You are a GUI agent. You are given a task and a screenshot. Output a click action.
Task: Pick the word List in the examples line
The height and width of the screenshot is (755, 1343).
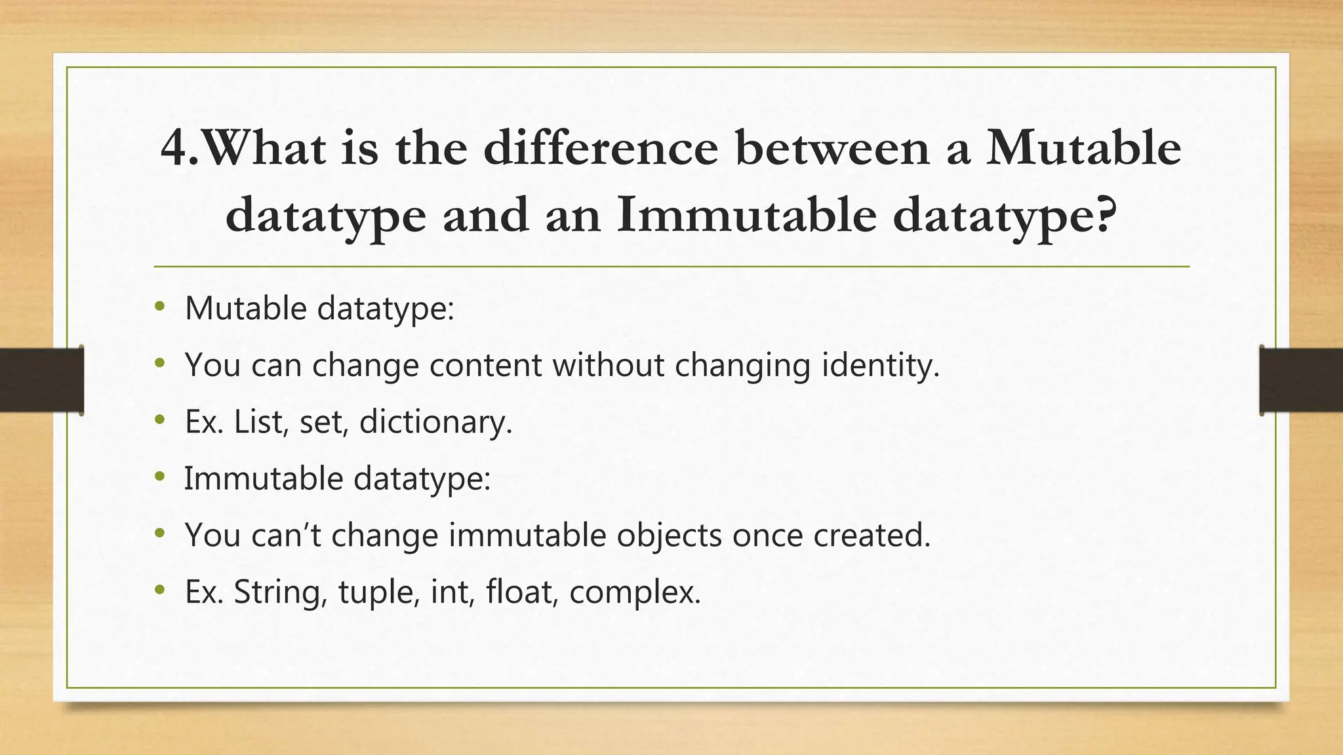click(x=258, y=421)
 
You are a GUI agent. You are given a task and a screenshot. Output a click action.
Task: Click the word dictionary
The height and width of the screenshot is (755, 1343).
click(x=433, y=421)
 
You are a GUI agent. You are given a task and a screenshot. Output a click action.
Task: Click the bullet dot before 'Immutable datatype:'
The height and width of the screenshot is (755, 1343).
click(x=160, y=477)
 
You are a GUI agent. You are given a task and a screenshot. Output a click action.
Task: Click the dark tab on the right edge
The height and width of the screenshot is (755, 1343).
click(x=1301, y=380)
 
